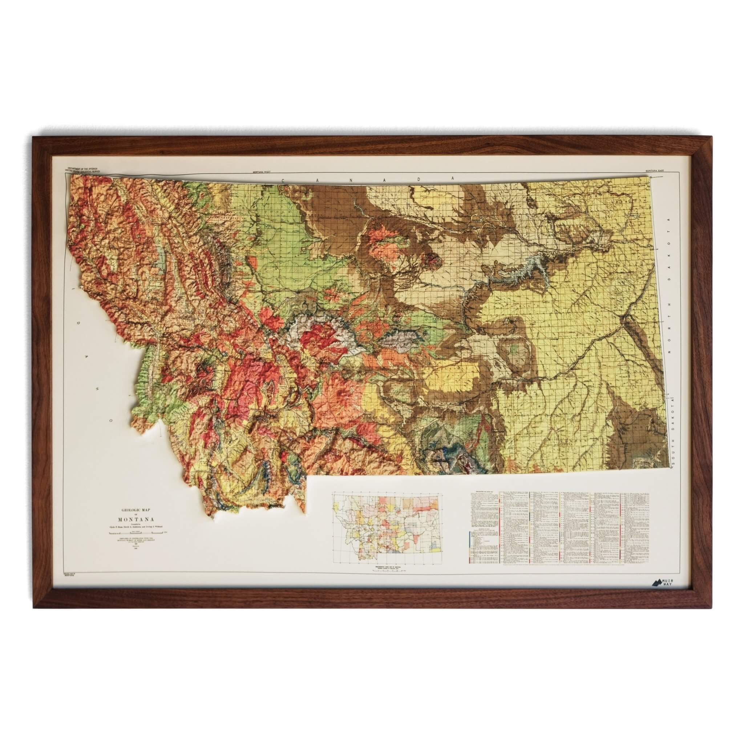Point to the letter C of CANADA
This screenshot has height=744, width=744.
tap(283, 180)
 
